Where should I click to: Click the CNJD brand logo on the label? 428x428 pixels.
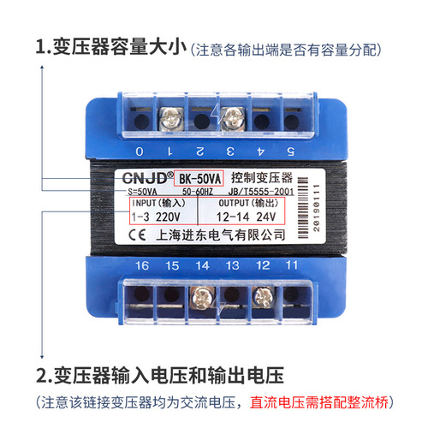tap(142, 179)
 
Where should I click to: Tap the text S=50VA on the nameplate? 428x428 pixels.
tap(149, 193)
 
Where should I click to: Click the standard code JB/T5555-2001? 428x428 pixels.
tap(272, 193)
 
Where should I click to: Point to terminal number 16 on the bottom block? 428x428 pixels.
tap(142, 267)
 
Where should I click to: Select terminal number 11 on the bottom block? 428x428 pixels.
tap(292, 266)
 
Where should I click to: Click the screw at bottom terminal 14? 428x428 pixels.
tap(202, 297)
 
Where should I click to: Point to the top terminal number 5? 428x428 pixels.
tap(291, 152)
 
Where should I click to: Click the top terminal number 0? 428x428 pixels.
tap(140, 152)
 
